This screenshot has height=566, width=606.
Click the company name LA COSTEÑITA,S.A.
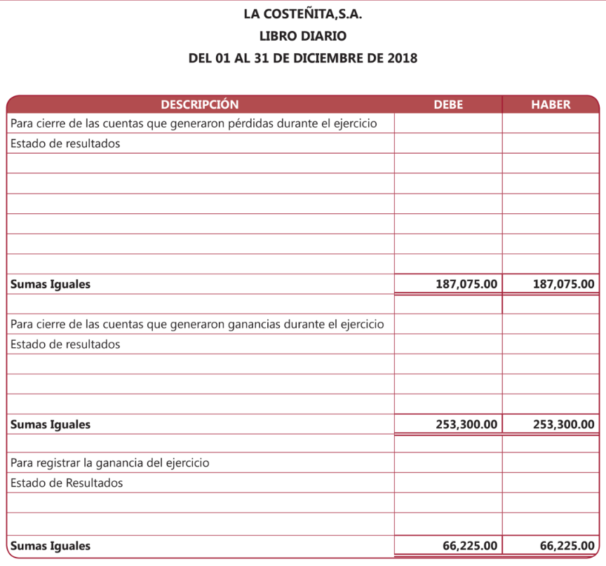click(303, 13)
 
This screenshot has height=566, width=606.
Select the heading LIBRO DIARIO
click(303, 35)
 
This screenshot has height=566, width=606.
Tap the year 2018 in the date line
click(402, 58)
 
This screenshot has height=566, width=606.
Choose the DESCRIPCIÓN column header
click(200, 105)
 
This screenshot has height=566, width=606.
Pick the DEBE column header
click(448, 105)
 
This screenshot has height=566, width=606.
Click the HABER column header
click(551, 105)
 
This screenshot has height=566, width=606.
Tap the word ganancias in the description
click(255, 324)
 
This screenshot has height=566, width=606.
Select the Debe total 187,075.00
click(466, 285)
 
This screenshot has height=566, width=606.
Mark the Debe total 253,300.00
click(466, 424)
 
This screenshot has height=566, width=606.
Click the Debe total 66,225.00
click(470, 546)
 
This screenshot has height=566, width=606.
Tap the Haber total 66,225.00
click(567, 546)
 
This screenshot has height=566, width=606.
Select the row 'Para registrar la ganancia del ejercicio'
click(110, 463)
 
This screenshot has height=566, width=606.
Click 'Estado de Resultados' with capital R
click(67, 483)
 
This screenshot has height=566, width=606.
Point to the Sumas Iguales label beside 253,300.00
click(50, 424)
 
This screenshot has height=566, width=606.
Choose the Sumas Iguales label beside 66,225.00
click(50, 546)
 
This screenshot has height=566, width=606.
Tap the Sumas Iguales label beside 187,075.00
click(50, 285)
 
